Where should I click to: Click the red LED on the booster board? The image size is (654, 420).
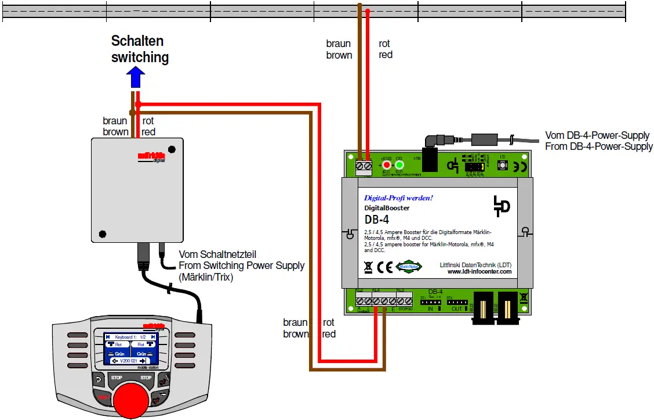coord(387,165)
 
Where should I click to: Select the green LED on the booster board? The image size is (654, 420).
coord(399,165)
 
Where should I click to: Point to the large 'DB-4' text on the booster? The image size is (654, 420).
coord(376,220)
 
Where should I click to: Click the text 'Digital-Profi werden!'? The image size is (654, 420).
coord(398,198)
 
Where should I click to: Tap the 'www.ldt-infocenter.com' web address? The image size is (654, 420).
coord(479,271)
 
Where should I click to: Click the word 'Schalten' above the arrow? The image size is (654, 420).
coord(137,41)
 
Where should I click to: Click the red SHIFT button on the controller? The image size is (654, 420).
coord(104,397)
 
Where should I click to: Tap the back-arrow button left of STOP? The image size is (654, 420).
coord(99,379)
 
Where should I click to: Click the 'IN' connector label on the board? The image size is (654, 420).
coord(430,309)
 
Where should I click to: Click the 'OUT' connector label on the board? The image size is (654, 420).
coord(457,309)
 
